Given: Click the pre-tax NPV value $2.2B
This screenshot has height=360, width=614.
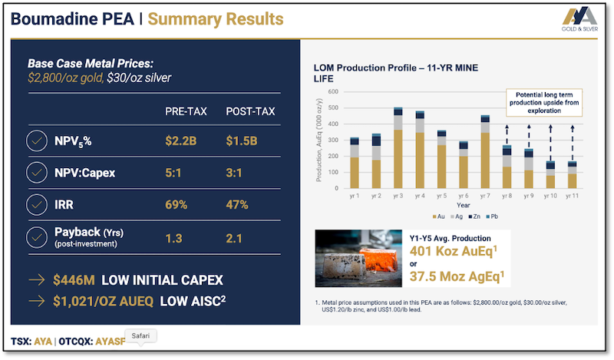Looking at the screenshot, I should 182,141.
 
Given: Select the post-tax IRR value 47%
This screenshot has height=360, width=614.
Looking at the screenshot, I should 238,206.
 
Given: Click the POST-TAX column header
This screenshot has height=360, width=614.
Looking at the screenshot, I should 249,112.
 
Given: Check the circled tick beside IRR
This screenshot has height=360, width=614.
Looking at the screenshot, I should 35,206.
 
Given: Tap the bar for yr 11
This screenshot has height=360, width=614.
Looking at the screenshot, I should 572,175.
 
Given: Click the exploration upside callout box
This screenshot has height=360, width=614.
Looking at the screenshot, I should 543,101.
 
